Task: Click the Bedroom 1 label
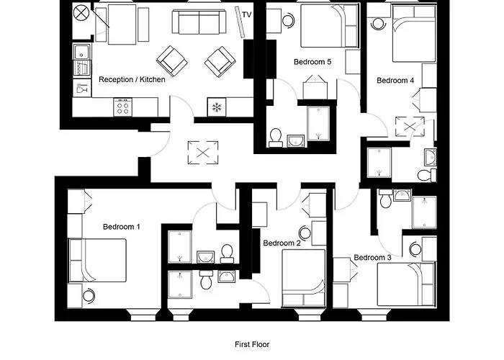(x=121, y=227)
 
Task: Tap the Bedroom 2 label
(x=282, y=243)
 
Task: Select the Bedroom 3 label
(x=372, y=258)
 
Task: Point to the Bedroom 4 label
(x=395, y=81)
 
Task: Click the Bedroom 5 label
(x=312, y=62)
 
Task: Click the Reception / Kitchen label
(x=132, y=79)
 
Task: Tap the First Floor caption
(x=252, y=345)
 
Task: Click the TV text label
(x=247, y=14)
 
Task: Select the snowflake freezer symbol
(x=215, y=107)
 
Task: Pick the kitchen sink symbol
(x=81, y=51)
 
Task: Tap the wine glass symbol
(x=81, y=90)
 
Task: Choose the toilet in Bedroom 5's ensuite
(x=275, y=137)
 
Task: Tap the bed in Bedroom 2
(x=303, y=277)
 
